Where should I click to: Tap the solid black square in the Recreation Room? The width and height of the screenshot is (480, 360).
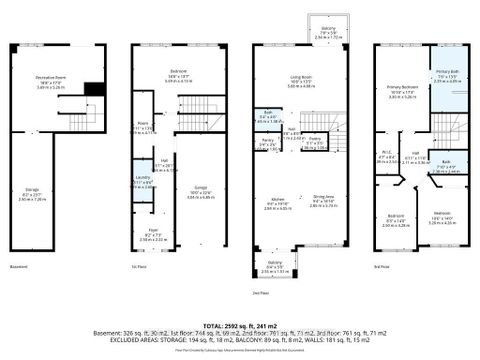pos(94,89)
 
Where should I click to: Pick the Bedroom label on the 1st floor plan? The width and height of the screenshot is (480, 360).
pos(179,74)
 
